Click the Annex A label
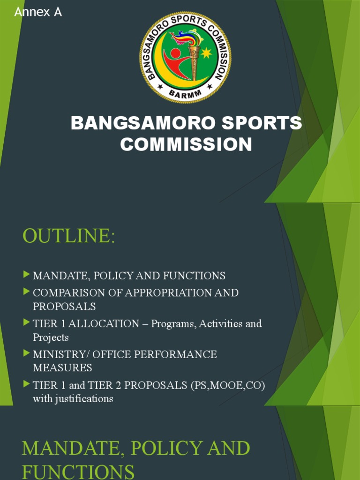tap(38, 12)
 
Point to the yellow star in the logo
tap(206, 53)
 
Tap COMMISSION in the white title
tap(186, 144)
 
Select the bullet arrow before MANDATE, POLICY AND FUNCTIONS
tap(26, 275)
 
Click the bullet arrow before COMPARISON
tap(26, 292)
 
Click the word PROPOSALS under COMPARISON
tap(64, 307)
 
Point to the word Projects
tap(51, 337)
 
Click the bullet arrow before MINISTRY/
tap(26, 353)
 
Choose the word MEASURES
tap(62, 368)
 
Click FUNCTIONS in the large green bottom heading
tap(78, 471)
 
